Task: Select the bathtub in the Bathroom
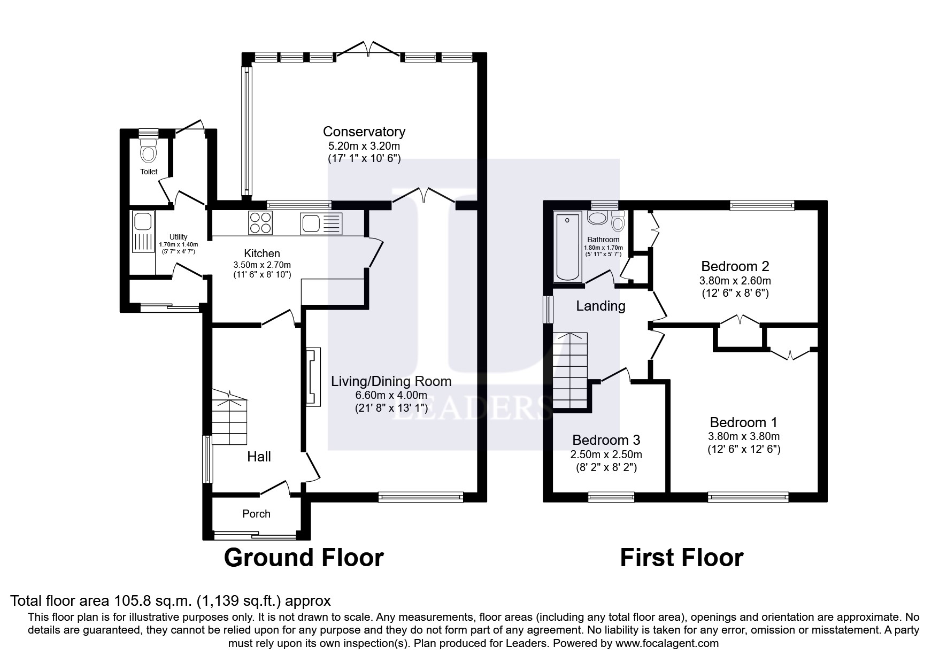[567, 246]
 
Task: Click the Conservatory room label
[364, 132]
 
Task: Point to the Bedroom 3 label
[606, 440]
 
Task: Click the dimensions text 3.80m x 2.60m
[735, 280]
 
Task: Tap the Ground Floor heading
[303, 558]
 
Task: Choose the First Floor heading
[681, 558]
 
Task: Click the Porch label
[256, 514]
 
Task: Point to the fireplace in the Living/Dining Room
[313, 376]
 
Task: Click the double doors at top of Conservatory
[369, 50]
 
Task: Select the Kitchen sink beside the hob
[320, 223]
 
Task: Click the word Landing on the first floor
[600, 306]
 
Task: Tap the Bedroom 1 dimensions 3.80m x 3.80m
[743, 436]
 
